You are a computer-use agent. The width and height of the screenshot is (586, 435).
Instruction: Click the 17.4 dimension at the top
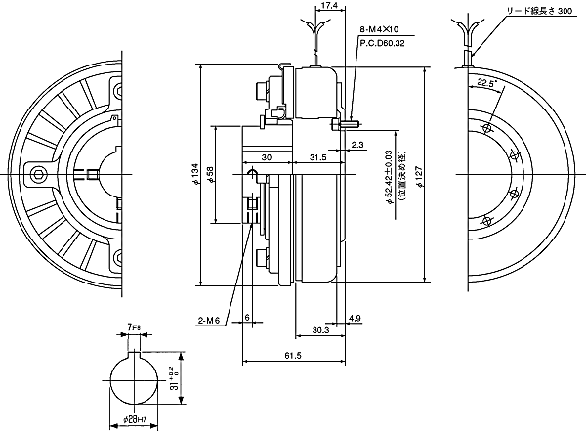[x=330, y=6]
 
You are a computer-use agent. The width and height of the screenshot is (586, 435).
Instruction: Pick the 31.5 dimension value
[x=317, y=157]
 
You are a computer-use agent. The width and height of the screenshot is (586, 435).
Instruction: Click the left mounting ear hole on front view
[x=38, y=174]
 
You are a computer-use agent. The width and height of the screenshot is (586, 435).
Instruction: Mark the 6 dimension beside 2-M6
[x=248, y=319]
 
